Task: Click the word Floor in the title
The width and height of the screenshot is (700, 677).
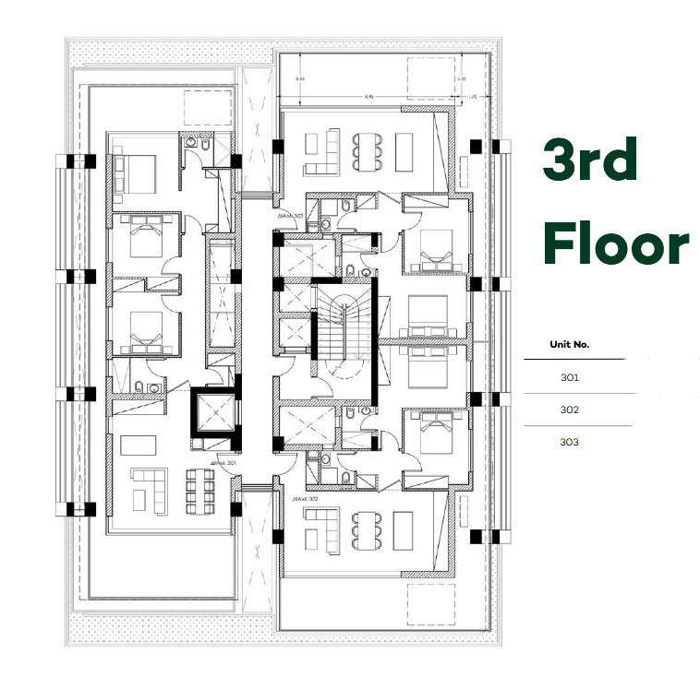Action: [x=615, y=245]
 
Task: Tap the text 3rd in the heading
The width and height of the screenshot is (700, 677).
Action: [x=589, y=161]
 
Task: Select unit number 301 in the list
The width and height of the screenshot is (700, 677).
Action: [x=570, y=377]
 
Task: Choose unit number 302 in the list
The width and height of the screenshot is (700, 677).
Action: [x=570, y=410]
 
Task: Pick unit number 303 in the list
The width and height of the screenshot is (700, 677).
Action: [x=570, y=442]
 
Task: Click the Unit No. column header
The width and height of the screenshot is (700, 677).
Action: [x=570, y=345]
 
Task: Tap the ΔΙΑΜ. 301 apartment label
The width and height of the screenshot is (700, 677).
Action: [x=223, y=464]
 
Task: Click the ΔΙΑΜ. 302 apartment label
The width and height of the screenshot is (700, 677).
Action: [x=306, y=498]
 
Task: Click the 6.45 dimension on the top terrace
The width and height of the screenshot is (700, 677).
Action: [x=369, y=96]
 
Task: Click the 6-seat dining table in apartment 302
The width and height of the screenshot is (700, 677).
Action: [x=364, y=529]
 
